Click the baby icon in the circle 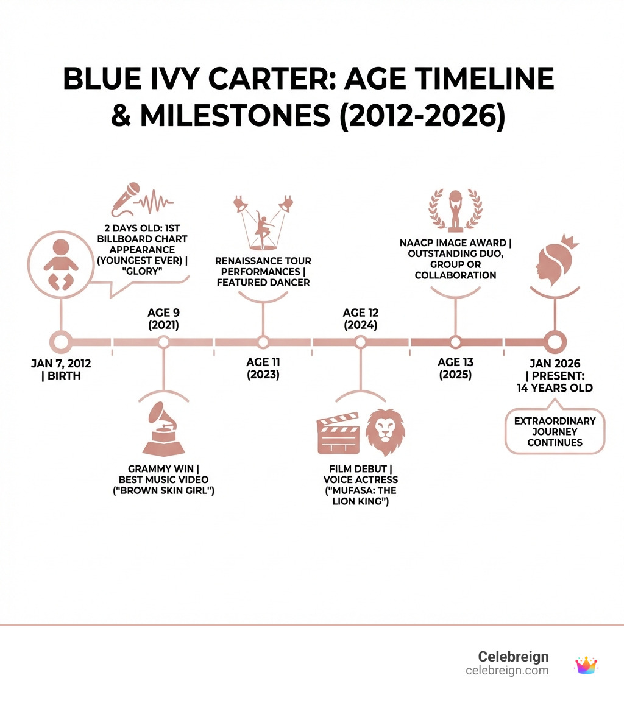point(61,264)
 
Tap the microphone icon point(126,199)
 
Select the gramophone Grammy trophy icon point(163,429)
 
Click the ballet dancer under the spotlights point(263,229)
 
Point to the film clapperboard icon point(339,433)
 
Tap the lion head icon point(385,432)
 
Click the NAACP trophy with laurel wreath point(455,210)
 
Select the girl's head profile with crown point(557,260)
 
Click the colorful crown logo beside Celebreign point(586,665)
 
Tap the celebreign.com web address point(507,671)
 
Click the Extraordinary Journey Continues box point(555,431)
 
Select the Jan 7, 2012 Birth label point(61,369)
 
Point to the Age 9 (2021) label point(164,319)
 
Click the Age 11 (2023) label point(263,368)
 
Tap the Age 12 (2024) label point(361,319)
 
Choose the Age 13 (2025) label point(455,368)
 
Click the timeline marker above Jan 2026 point(555,342)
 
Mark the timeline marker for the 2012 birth point(61,342)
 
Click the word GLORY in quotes point(142,271)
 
